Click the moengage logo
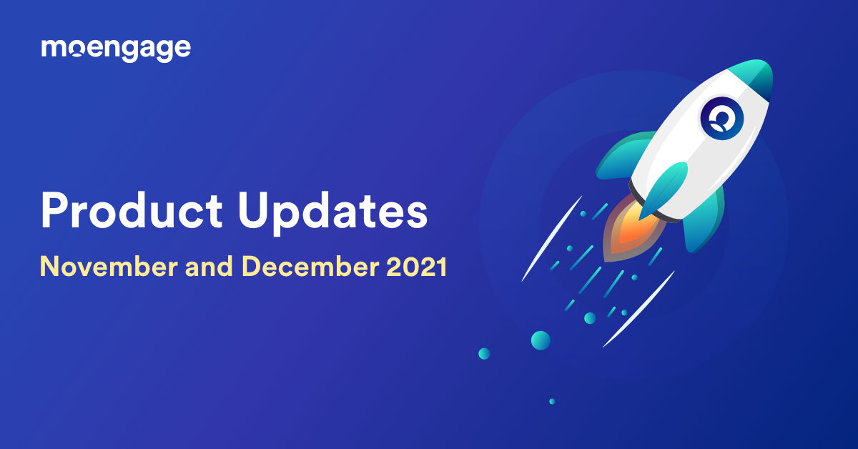tap(116, 49)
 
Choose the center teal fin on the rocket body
tap(664, 187)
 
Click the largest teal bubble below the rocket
tap(541, 340)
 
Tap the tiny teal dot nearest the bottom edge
tap(551, 401)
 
